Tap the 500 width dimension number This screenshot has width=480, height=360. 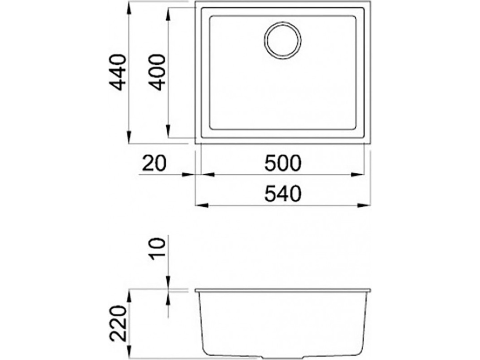pyautogui.click(x=283, y=163)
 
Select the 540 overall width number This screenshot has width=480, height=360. pyautogui.click(x=283, y=194)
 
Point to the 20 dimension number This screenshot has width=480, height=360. pyautogui.click(x=154, y=163)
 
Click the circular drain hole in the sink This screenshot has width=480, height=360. pyautogui.click(x=282, y=41)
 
